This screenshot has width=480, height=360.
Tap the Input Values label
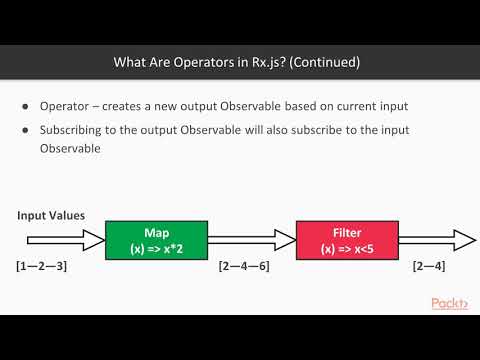pyautogui.click(x=50, y=216)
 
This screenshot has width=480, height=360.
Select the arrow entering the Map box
pyautogui.click(x=60, y=239)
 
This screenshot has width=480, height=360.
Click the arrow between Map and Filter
pyautogui.click(x=250, y=239)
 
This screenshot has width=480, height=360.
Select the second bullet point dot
pyautogui.click(x=25, y=130)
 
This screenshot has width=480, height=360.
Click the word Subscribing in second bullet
pyautogui.click(x=73, y=130)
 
